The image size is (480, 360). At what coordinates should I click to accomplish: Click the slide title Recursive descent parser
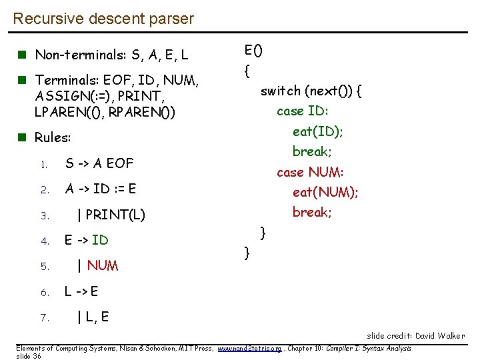(x=103, y=19)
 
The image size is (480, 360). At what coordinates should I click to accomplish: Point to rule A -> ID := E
(x=100, y=189)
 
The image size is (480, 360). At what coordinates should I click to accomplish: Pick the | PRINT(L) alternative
(x=111, y=215)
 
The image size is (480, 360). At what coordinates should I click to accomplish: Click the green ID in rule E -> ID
(x=100, y=240)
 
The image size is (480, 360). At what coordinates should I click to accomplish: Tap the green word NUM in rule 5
(x=103, y=266)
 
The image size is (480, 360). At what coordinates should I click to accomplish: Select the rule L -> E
(x=81, y=291)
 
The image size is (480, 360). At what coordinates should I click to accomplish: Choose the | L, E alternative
(x=93, y=317)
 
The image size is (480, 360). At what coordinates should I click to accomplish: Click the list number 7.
(x=45, y=318)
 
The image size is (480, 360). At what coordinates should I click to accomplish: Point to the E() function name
(x=253, y=50)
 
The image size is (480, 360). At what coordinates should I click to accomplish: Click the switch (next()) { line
(x=311, y=91)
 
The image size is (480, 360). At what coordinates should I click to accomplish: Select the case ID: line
(x=303, y=111)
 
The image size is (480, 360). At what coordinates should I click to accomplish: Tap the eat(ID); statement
(x=318, y=131)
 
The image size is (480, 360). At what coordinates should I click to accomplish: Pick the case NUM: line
(x=310, y=172)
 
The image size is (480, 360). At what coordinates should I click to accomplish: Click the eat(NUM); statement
(x=325, y=193)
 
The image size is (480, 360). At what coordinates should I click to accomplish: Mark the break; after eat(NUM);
(x=312, y=212)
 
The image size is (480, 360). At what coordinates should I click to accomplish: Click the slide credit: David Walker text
(x=416, y=336)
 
